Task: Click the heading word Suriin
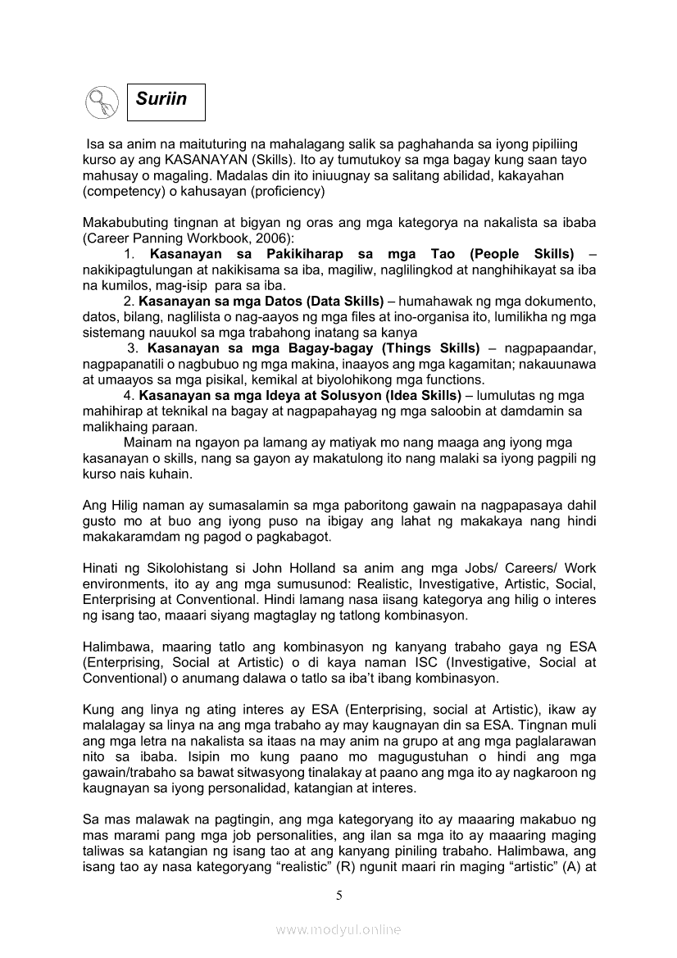161,99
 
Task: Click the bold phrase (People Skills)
522,254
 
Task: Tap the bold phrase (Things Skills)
421,348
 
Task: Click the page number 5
338,895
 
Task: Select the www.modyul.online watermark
338,929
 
